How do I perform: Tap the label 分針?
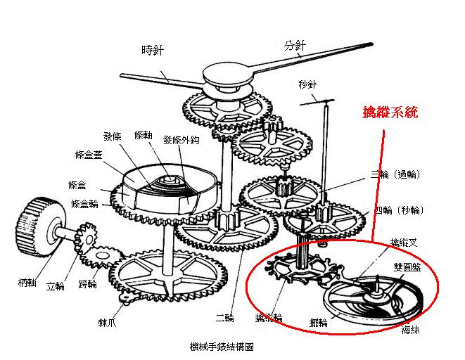pos(295,46)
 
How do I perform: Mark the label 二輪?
pos(225,319)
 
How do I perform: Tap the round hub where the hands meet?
pos(227,72)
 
